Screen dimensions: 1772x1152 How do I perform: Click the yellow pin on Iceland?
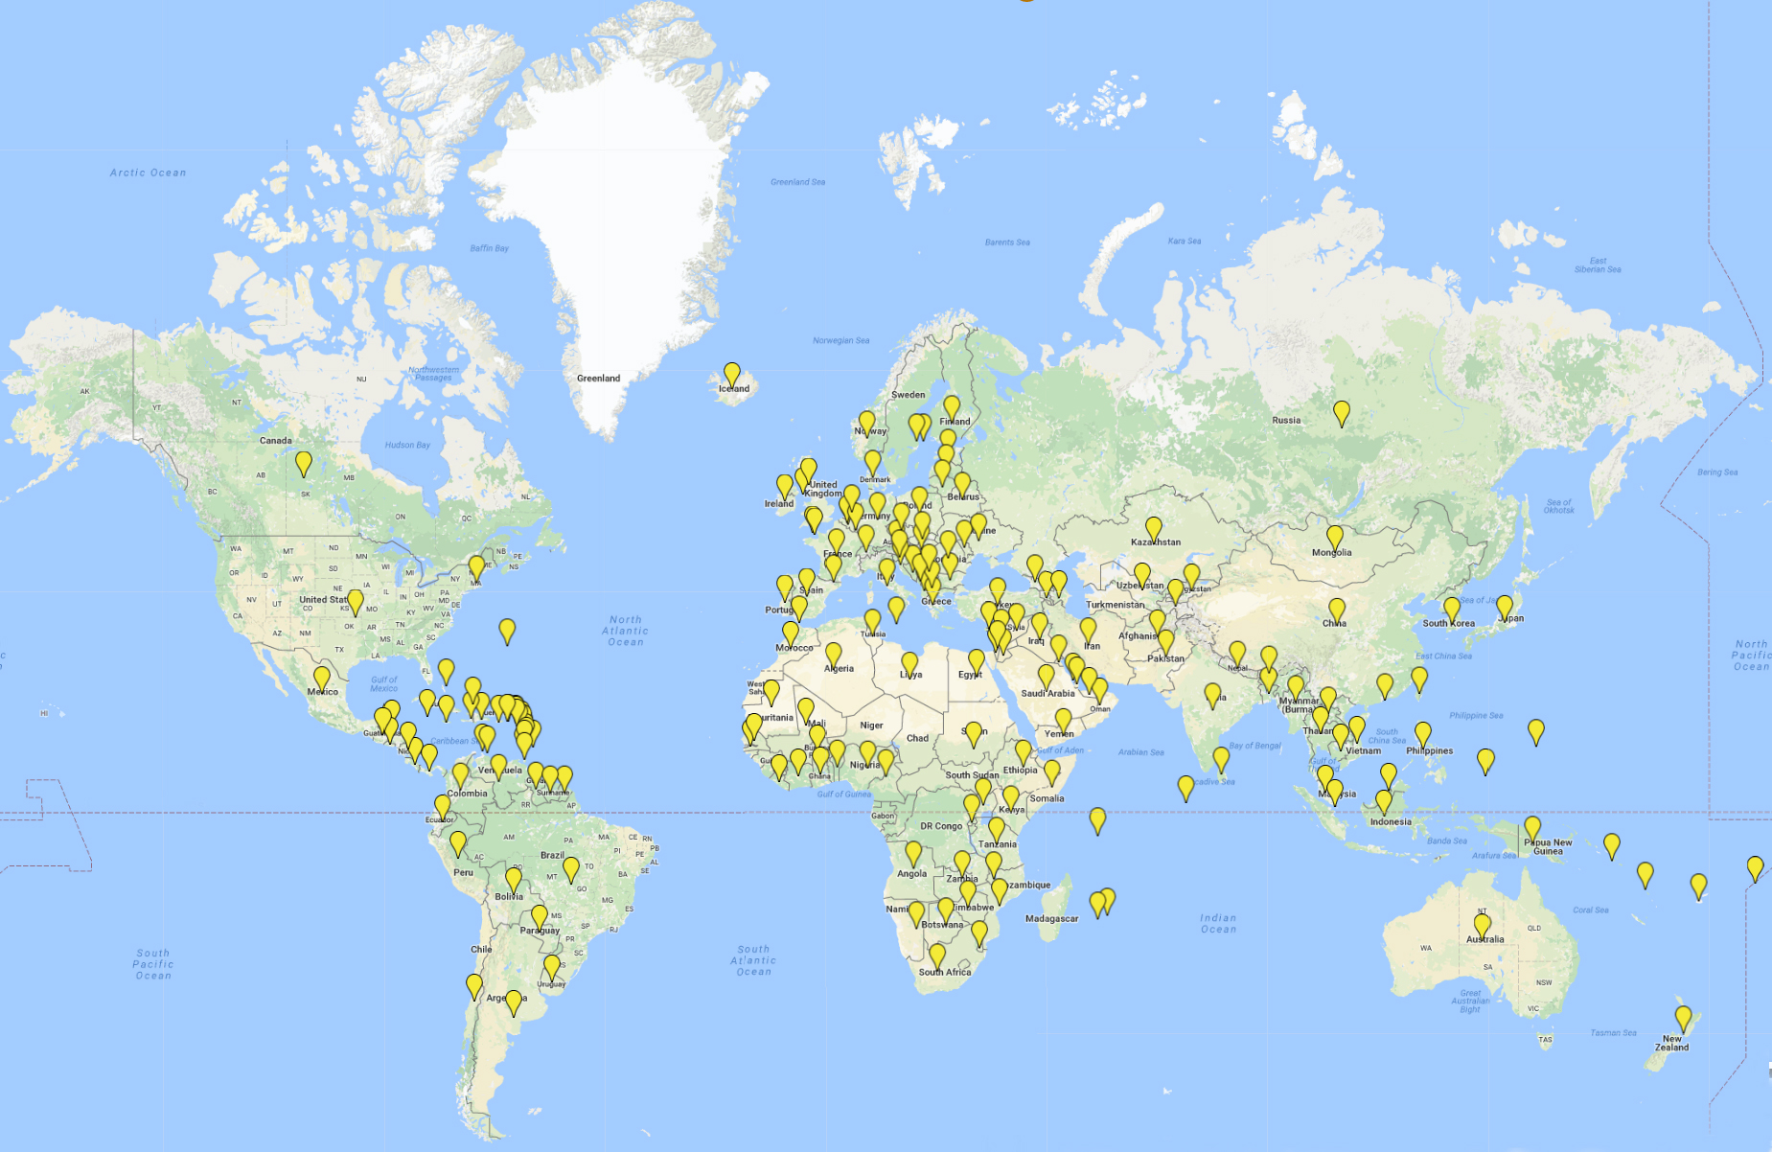(x=732, y=374)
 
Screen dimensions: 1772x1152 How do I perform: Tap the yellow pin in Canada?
(x=304, y=463)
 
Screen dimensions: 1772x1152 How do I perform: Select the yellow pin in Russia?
(x=1342, y=412)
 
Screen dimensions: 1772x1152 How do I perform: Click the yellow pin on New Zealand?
(x=1683, y=1018)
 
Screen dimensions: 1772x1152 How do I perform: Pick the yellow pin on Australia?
(x=1483, y=925)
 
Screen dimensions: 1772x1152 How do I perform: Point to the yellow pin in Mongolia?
(x=1335, y=537)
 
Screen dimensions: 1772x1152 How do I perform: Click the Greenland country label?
(x=598, y=379)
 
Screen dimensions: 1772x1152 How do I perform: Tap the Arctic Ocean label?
(x=148, y=173)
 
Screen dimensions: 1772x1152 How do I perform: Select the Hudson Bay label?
(x=407, y=445)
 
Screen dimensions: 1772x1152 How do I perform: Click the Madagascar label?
(x=1051, y=918)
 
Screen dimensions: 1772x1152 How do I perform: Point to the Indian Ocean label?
(x=1218, y=923)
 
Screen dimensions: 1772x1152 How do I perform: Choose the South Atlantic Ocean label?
(x=753, y=960)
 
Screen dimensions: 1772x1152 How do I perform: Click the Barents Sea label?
(x=1007, y=242)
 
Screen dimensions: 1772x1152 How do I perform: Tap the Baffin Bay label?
(x=489, y=248)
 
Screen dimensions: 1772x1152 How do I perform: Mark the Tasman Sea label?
(x=1613, y=1032)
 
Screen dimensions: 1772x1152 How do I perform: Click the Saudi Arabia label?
(x=1047, y=693)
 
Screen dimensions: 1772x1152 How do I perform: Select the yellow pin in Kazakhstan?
(x=1154, y=528)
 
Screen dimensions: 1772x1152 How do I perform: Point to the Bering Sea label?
(x=1716, y=472)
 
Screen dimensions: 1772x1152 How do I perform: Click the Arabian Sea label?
(x=1140, y=752)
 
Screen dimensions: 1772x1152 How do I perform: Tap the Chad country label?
(x=917, y=738)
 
